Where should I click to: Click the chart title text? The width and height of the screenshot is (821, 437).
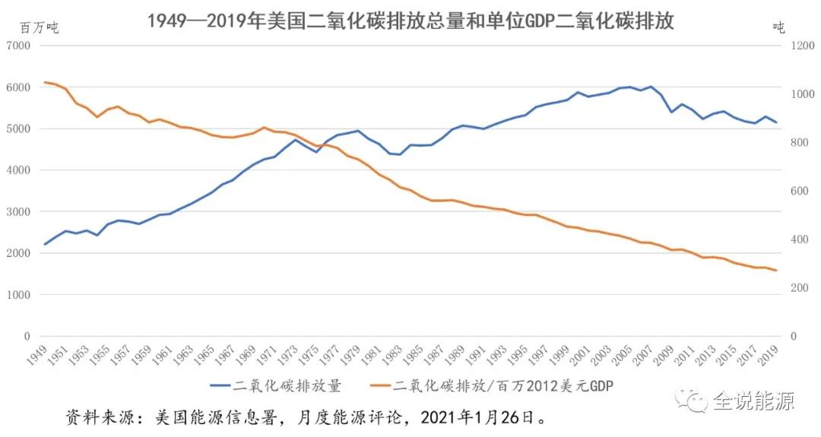point(410,21)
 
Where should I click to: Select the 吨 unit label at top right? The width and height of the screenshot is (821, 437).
point(778,27)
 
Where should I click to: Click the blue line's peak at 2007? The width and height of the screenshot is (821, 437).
point(651,87)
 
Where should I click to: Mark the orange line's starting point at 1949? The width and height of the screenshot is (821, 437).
point(45,82)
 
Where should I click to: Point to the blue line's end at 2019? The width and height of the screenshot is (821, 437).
point(776,122)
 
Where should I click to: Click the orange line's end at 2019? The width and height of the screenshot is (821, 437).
point(776,271)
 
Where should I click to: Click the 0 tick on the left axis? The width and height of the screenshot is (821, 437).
point(26,337)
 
